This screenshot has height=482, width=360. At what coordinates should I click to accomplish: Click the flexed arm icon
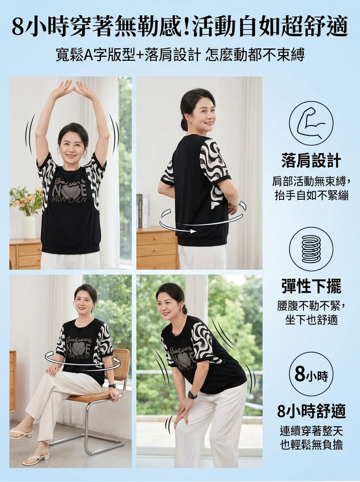point(311,123)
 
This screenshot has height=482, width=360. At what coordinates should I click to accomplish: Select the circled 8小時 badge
point(311,375)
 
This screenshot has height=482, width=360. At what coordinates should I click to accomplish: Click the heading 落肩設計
point(311,161)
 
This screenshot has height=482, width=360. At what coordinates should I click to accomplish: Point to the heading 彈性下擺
point(311,287)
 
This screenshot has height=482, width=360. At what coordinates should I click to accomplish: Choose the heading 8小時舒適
point(311,411)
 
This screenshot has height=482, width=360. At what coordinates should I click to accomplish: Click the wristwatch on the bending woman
point(192,395)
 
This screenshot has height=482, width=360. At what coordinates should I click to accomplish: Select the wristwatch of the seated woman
point(111,386)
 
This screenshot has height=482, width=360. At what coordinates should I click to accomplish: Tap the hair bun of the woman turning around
point(183,123)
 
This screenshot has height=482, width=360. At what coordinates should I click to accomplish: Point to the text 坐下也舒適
point(311,320)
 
